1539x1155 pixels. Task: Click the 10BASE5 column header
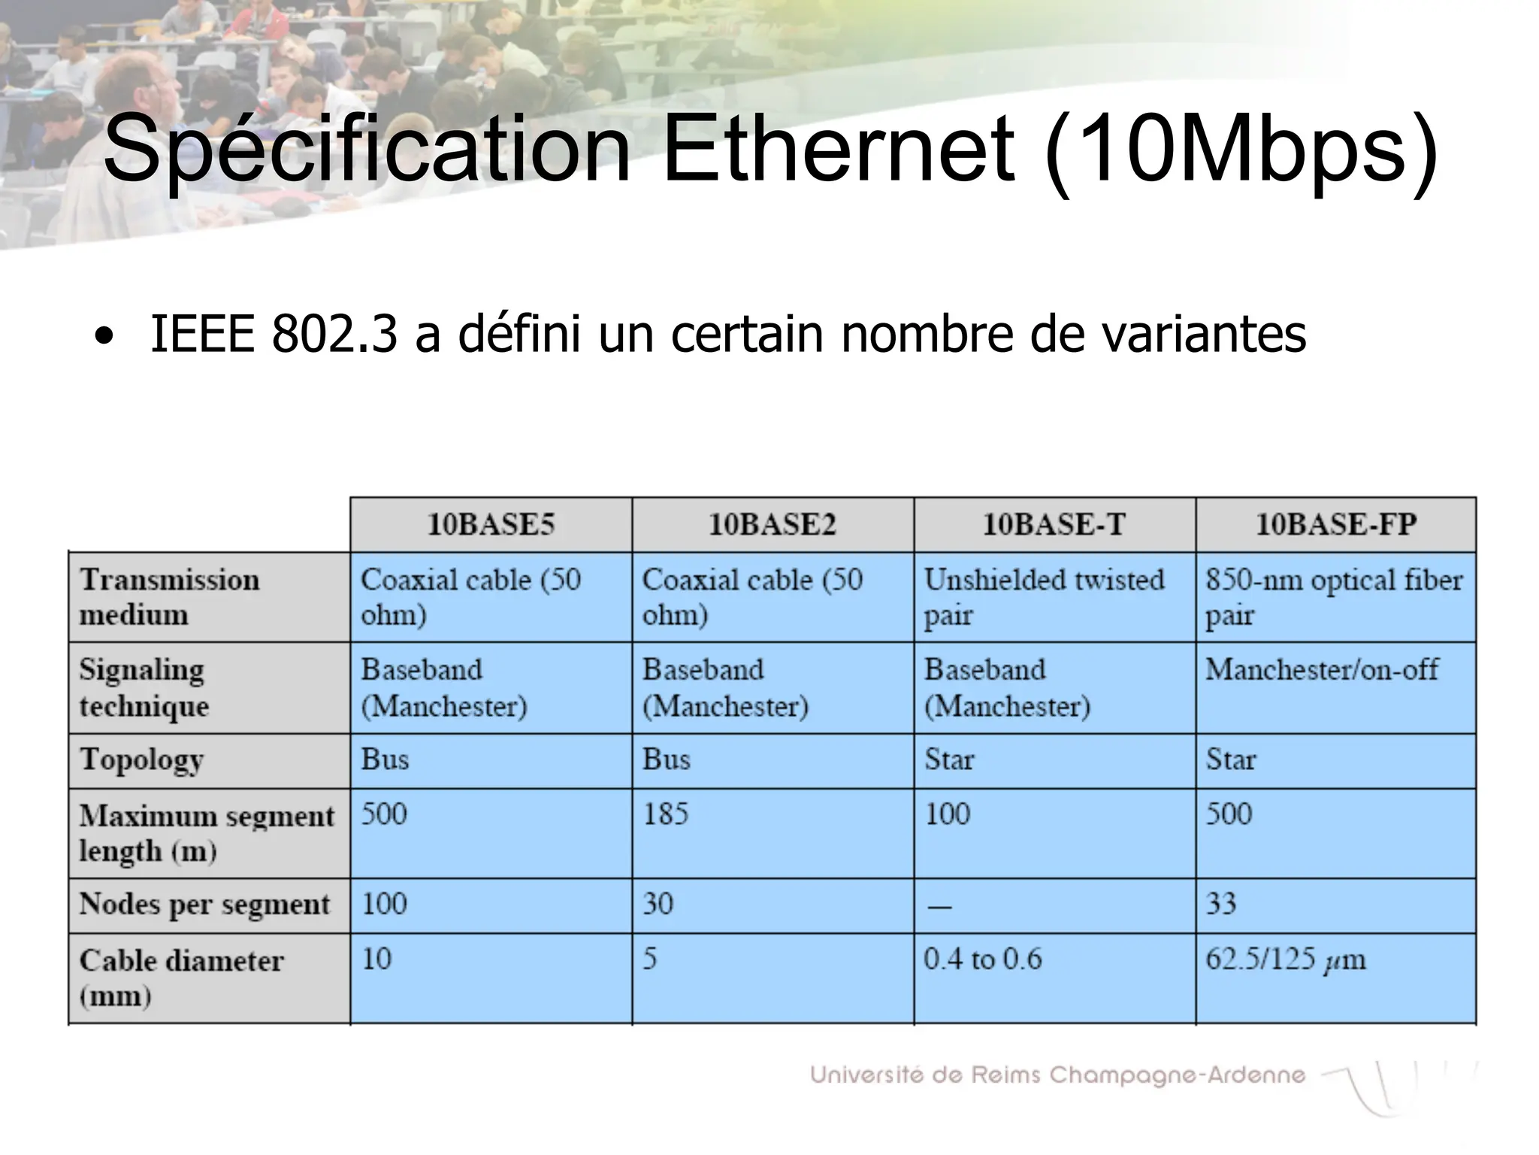(x=491, y=524)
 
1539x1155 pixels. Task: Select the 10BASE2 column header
(x=773, y=524)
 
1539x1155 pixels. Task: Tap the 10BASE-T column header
(x=1054, y=524)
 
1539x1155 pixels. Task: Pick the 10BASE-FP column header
(x=1336, y=524)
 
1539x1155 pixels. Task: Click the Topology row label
(x=141, y=760)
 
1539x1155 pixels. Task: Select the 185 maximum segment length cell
(x=666, y=814)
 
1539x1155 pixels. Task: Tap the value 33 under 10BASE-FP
(x=1221, y=904)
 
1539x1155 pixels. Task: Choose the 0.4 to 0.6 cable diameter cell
(x=983, y=959)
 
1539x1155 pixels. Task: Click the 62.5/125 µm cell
(x=1286, y=959)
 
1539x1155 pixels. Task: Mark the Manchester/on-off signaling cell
(x=1322, y=669)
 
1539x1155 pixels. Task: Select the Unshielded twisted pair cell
(x=1044, y=597)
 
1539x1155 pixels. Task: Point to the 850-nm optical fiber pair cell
(x=1334, y=597)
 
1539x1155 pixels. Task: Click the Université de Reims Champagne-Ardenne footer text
(x=1057, y=1075)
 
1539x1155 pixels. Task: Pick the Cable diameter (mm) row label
(x=181, y=978)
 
